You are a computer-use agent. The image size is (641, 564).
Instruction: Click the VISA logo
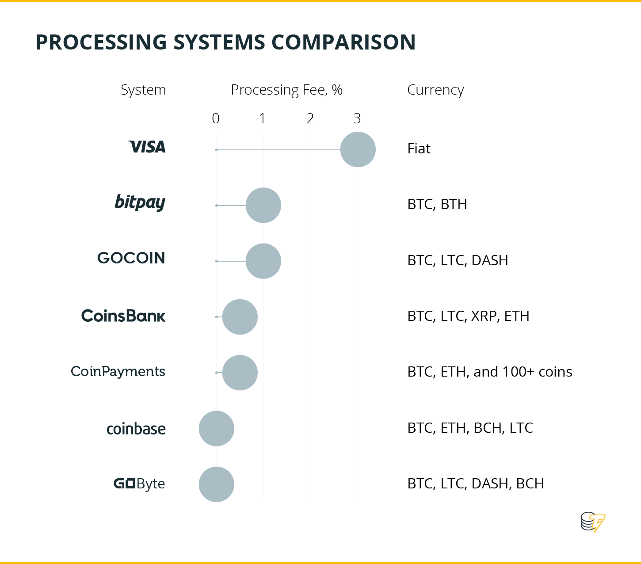147,147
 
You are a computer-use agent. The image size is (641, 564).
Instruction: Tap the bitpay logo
140,202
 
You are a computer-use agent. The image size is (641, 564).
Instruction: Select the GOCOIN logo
131,258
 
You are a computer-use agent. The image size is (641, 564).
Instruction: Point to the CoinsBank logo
123,316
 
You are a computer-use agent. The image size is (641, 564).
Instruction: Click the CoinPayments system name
118,372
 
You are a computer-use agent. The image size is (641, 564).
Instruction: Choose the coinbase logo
136,429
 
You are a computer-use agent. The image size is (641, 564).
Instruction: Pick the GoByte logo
139,484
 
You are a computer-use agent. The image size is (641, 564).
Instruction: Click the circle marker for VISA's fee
358,149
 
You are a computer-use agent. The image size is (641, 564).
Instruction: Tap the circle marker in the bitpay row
263,206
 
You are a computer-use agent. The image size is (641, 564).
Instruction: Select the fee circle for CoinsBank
240,317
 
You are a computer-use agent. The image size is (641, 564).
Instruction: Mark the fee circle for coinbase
217,429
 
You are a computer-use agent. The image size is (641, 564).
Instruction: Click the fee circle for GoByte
217,484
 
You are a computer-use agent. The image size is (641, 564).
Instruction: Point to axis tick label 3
357,118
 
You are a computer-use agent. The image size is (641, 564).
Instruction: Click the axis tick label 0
216,118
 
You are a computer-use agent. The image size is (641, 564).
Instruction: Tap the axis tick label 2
310,118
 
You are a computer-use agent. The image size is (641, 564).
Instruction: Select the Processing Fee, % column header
287,90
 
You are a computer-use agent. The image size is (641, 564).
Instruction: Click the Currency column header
435,90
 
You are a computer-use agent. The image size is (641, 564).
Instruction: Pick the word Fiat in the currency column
419,149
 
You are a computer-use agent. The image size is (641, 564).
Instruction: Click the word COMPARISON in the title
343,42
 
